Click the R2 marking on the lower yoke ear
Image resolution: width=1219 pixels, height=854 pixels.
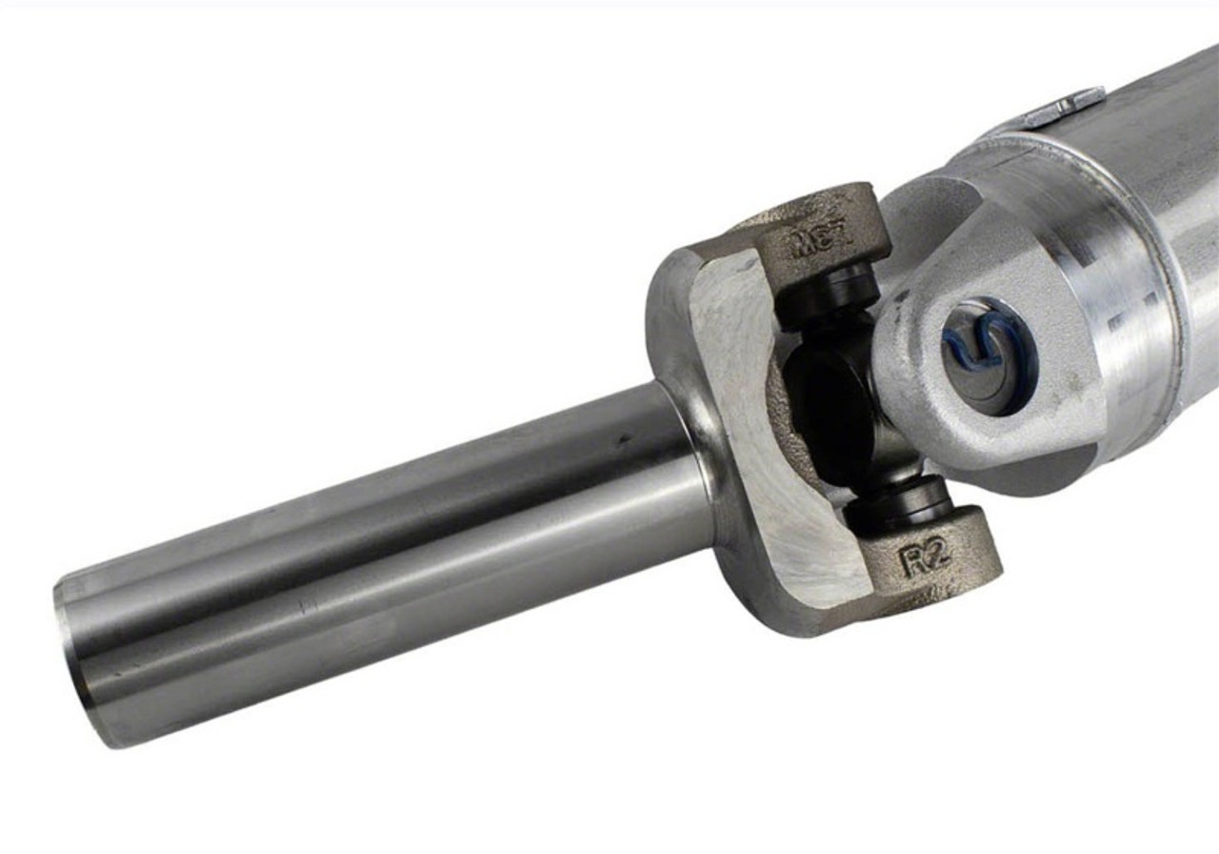926,559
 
